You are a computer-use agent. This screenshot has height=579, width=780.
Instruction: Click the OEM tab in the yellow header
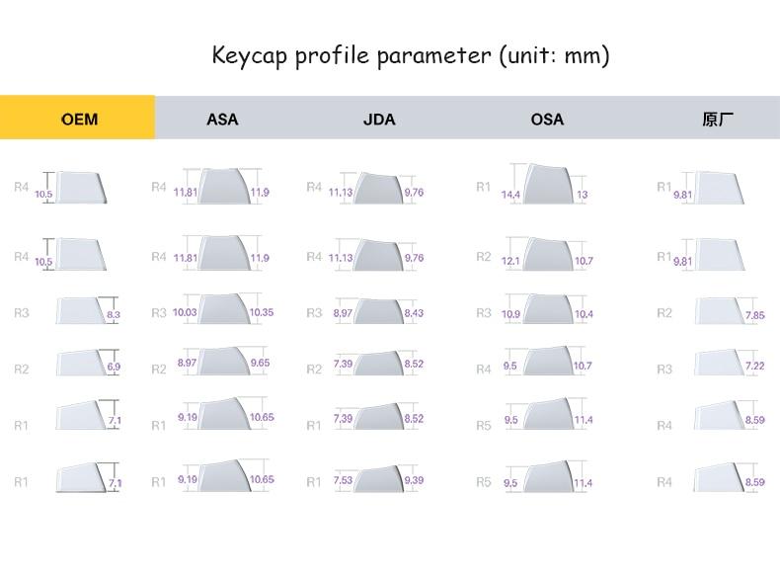(x=79, y=120)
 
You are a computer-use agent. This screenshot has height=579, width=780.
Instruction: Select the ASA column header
(x=222, y=120)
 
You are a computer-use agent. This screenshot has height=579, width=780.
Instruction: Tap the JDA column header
(x=379, y=120)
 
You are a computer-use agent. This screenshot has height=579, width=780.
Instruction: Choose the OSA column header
(x=547, y=120)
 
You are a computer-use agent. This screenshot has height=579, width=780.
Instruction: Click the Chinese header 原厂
(x=718, y=120)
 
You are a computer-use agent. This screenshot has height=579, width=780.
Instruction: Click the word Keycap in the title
(x=248, y=55)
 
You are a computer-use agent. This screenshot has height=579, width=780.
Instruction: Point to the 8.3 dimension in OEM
(x=113, y=315)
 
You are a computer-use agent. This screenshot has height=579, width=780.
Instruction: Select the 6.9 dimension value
(x=113, y=368)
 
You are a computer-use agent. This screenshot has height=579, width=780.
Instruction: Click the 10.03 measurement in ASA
(x=185, y=312)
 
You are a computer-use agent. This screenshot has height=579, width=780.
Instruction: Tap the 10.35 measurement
(x=262, y=312)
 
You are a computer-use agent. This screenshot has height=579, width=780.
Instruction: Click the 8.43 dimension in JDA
(x=415, y=313)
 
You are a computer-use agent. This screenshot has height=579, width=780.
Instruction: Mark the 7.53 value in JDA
(x=342, y=481)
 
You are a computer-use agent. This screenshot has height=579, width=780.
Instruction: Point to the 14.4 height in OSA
(x=510, y=195)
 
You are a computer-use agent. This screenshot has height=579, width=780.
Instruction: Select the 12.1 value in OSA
(x=510, y=261)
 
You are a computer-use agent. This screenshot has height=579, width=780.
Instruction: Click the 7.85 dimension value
(x=755, y=315)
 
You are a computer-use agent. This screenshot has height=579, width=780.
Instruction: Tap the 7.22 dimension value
(x=755, y=367)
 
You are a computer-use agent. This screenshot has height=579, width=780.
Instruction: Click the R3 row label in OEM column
(x=22, y=313)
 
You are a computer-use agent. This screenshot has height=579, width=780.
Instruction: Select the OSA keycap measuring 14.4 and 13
(x=546, y=184)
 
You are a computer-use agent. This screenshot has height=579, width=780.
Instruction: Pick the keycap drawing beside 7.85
(x=719, y=311)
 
